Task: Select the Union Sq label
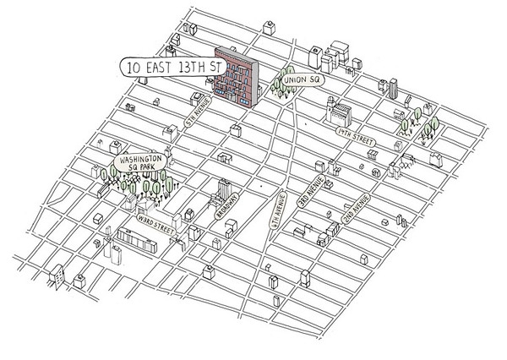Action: point(303,79)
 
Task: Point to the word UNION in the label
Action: point(298,80)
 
